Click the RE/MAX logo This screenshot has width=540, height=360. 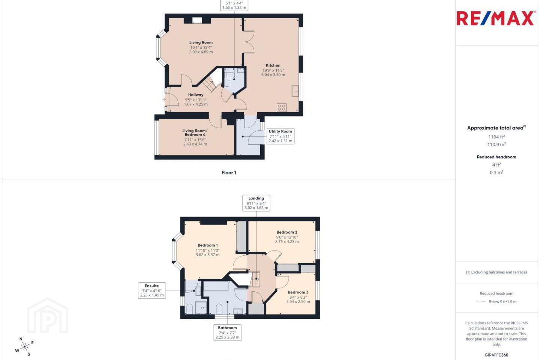(495, 18)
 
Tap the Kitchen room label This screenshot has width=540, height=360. (273, 65)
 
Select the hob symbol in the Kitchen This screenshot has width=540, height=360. (282, 108)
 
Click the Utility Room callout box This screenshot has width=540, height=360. (280, 136)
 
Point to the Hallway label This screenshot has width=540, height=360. (196, 95)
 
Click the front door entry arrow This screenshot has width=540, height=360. (164, 100)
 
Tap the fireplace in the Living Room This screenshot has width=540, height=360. (197, 21)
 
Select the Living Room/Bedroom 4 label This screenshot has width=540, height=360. (195, 133)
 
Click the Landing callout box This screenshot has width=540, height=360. (256, 203)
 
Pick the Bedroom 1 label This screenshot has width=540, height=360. (208, 245)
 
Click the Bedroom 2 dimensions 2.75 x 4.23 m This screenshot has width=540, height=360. (287, 241)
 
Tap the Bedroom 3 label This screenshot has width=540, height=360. (298, 292)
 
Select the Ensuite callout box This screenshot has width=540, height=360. (152, 291)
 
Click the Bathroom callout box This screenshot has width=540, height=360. (227, 333)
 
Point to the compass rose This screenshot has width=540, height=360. (25, 347)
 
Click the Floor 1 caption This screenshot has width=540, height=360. (229, 172)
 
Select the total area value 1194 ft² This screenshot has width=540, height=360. (496, 137)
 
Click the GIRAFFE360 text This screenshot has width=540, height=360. (496, 355)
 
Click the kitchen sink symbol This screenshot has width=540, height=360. (295, 91)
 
